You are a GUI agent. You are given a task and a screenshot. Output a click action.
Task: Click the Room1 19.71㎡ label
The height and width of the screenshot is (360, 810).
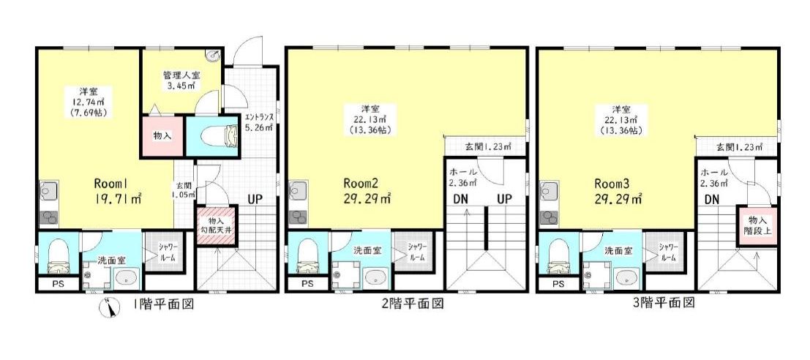point(119,190)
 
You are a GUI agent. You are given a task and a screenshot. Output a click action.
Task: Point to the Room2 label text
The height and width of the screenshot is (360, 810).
point(361,184)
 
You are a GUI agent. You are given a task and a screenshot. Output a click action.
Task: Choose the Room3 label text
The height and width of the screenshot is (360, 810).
point(612,184)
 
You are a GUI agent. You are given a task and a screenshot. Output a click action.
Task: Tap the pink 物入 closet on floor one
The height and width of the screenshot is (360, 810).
point(162,136)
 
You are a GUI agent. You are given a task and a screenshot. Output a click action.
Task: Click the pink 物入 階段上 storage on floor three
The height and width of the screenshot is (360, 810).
point(757,226)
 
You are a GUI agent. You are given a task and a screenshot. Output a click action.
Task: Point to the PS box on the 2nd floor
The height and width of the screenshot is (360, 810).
point(307,283)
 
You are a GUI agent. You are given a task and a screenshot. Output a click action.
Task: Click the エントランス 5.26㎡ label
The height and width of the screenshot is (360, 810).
point(259,122)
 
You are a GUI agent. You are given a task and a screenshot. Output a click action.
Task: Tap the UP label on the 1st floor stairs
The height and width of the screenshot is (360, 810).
point(257,198)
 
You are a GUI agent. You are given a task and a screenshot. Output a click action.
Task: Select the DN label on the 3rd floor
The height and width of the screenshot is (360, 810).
point(710,198)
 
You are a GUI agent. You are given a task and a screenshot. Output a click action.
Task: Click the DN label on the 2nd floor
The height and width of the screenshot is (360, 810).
point(461,198)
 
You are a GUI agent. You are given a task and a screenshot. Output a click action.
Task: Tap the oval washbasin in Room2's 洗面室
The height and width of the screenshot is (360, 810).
point(375,277)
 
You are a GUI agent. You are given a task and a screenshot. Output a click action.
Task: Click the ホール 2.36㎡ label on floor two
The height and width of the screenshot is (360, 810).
point(462,176)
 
